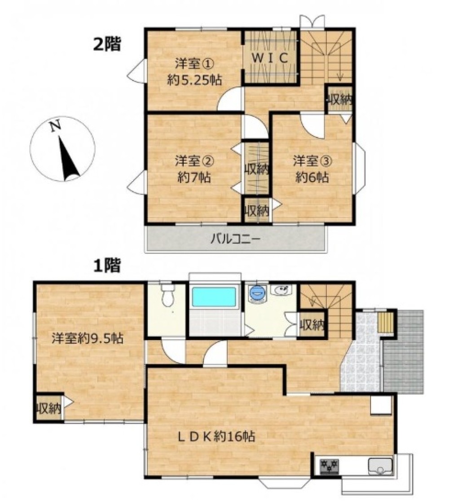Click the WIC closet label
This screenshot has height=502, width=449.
coord(270,58)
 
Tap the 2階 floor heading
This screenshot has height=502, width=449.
coord(107,44)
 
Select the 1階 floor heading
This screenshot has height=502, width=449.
coord(107,266)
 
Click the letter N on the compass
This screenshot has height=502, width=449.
coord(56,126)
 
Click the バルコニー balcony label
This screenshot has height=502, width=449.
coord(236,239)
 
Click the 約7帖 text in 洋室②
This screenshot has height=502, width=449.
coord(194,177)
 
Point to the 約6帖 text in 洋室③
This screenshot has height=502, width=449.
coord(312,177)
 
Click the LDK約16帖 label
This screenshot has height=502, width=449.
coord(216,436)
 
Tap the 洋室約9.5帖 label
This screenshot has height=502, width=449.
coord(88,338)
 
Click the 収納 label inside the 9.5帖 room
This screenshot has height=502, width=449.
coord(49,408)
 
